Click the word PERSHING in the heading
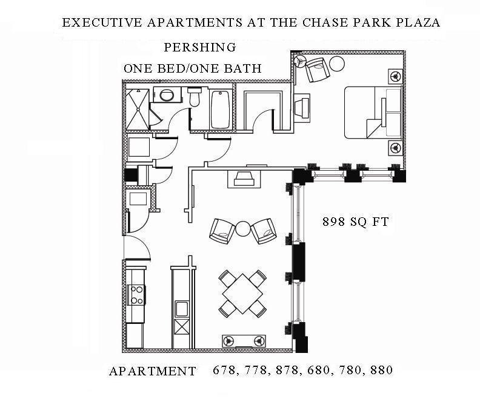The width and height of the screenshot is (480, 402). [199, 47]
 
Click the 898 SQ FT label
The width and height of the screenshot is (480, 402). [355, 222]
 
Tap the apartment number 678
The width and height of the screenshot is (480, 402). [223, 370]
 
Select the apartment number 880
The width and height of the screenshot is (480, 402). [381, 370]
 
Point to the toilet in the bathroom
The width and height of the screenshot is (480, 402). [195, 97]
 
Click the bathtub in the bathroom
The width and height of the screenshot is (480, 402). [220, 109]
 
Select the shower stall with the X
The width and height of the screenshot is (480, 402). [137, 109]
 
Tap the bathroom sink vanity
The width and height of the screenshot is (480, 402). [165, 96]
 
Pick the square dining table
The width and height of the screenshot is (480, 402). [242, 294]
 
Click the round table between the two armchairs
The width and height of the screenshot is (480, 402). [242, 228]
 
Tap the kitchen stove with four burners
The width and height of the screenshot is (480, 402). [137, 295]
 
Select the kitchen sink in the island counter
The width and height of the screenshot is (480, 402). [181, 309]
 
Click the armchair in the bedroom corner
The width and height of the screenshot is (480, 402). [317, 70]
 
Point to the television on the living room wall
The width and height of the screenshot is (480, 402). [244, 179]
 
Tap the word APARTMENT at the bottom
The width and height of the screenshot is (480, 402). [152, 371]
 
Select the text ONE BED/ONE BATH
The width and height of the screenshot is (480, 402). [193, 68]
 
